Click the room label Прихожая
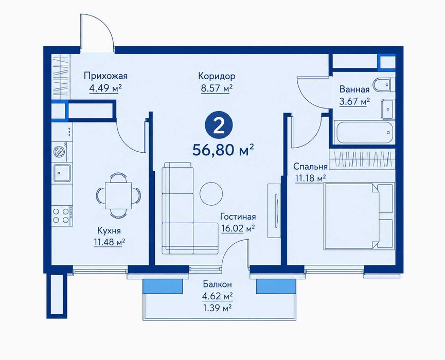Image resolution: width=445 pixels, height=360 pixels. (x=105, y=76)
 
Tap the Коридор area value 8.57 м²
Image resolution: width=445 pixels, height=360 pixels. (x=217, y=88)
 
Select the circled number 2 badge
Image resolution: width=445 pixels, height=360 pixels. (x=219, y=127)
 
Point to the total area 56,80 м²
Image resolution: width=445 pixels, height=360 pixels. (x=223, y=150)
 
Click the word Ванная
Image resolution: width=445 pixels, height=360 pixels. (x=354, y=89)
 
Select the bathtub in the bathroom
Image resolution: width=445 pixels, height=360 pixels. (x=364, y=132)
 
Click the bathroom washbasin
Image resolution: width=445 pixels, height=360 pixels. (x=387, y=109)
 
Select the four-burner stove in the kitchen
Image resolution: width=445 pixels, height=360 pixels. (x=61, y=215)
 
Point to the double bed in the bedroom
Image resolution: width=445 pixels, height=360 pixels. (x=359, y=216)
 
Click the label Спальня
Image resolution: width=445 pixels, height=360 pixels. (x=311, y=167)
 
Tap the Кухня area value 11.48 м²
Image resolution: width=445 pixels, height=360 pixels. (x=110, y=243)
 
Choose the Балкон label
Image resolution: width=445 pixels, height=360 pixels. (x=218, y=284)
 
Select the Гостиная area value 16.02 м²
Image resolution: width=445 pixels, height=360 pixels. (x=238, y=228)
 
